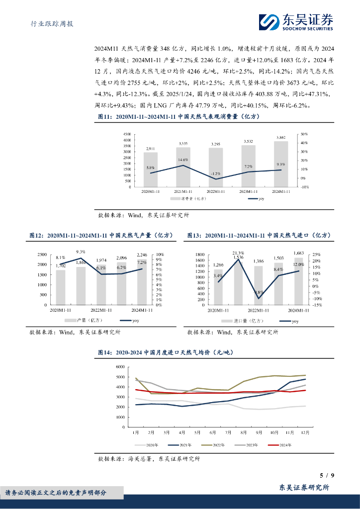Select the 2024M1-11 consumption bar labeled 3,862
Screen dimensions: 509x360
click(x=281, y=164)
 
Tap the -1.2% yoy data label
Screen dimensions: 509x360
click(x=215, y=173)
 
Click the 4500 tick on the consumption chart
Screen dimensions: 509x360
click(x=127, y=134)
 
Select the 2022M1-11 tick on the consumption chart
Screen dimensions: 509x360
click(x=215, y=191)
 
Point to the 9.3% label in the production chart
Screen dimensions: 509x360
click(x=81, y=252)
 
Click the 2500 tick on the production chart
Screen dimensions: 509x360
click(x=43, y=254)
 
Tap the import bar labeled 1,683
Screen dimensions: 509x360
click(x=298, y=280)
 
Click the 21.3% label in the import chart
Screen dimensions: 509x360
click(x=238, y=253)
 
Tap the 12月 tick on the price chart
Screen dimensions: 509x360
click(x=304, y=432)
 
